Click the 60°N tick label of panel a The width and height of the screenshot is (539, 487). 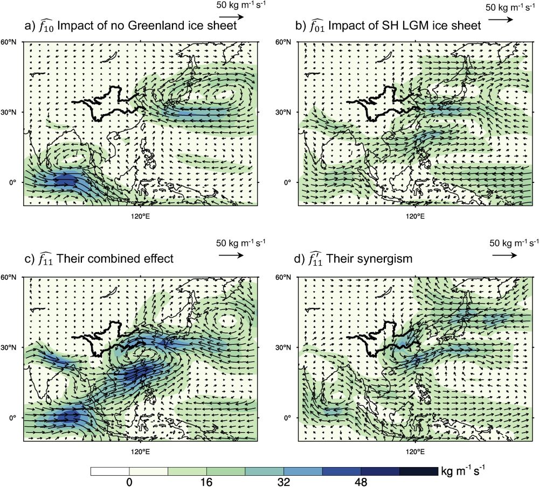12,41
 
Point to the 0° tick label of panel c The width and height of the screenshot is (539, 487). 15,418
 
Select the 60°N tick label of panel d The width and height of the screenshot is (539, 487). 286,277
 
